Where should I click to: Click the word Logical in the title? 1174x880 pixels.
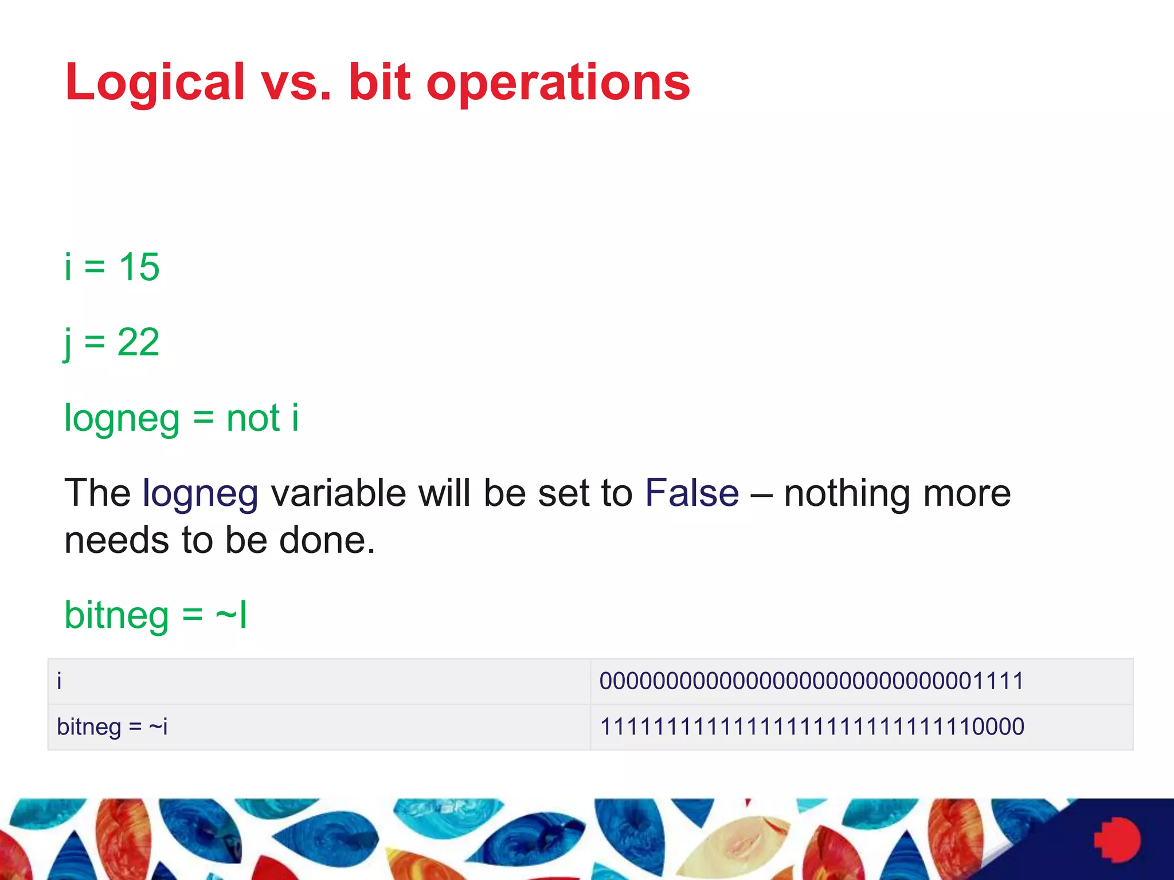pyautogui.click(x=155, y=83)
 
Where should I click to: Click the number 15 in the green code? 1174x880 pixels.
pyautogui.click(x=139, y=267)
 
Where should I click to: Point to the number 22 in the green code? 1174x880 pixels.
pyautogui.click(x=138, y=343)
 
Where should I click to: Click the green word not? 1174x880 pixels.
pyautogui.click(x=253, y=418)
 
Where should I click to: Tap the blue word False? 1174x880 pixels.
pyautogui.click(x=692, y=493)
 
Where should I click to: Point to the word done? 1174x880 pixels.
pyautogui.click(x=327, y=540)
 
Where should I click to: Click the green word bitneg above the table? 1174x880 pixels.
pyautogui.click(x=116, y=616)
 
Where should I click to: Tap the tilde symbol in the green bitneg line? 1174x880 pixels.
pyautogui.click(x=226, y=616)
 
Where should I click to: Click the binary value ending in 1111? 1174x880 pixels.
pyautogui.click(x=811, y=681)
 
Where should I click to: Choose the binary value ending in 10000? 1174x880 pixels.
pyautogui.click(x=812, y=727)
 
